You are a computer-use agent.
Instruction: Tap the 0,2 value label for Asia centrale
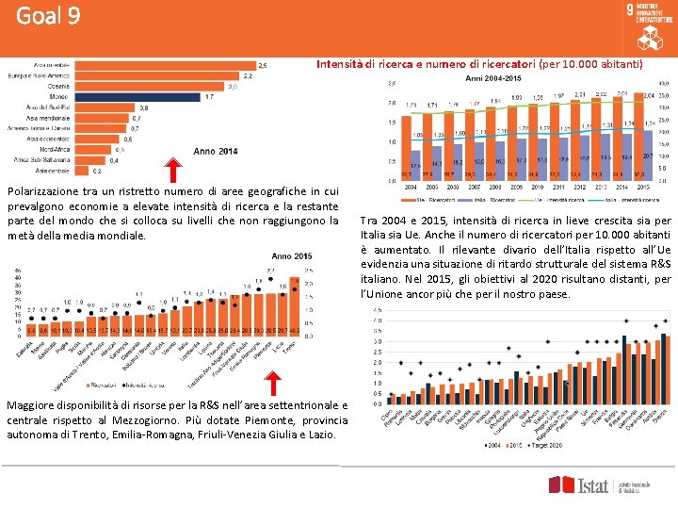pos(97,172)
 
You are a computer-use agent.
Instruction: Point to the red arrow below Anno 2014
pos(174,171)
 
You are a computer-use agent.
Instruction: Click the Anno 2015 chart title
pos(292,256)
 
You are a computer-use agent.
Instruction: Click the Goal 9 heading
pos(48,17)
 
